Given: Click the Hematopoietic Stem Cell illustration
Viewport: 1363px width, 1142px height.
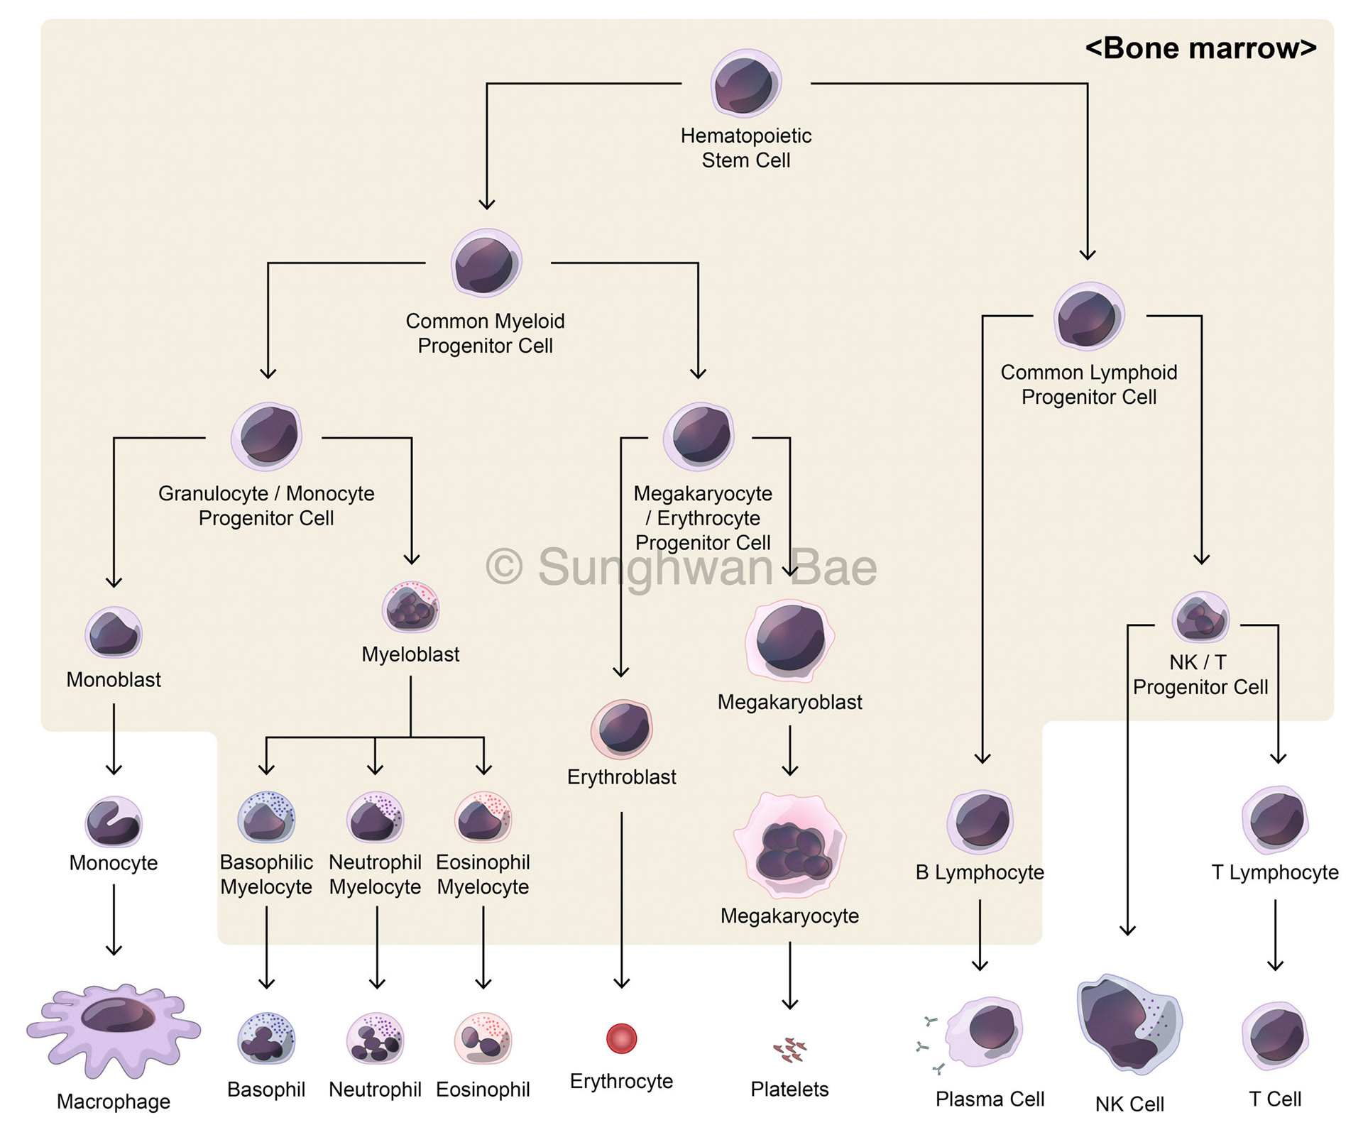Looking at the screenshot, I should click(x=745, y=84).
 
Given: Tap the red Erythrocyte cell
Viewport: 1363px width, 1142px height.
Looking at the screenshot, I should click(x=621, y=1038).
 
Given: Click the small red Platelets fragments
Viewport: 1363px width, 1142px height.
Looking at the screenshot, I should click(x=790, y=1050).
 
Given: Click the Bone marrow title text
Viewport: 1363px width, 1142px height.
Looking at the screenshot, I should click(x=1200, y=48).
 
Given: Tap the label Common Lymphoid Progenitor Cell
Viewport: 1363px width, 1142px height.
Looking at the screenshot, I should click(x=1088, y=384).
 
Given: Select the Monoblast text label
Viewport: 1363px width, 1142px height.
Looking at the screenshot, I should click(x=114, y=679).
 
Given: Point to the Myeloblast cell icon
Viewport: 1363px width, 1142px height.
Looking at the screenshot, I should click(x=410, y=608).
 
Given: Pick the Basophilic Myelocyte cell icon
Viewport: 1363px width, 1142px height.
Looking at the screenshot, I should click(x=266, y=818).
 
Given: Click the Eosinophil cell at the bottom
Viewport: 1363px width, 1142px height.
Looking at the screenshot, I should click(x=483, y=1038).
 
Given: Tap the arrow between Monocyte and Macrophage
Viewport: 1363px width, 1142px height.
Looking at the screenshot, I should click(x=114, y=921).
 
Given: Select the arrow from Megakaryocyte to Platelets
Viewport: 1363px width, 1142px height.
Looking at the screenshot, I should click(x=790, y=976).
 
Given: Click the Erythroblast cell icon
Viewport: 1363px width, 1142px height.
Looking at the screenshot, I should click(x=622, y=729).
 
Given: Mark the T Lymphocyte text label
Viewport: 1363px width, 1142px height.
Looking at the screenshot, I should click(x=1274, y=872).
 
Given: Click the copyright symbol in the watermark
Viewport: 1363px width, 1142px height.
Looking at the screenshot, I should click(x=505, y=567).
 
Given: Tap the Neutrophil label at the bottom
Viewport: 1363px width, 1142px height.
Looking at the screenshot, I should click(x=375, y=1089).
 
